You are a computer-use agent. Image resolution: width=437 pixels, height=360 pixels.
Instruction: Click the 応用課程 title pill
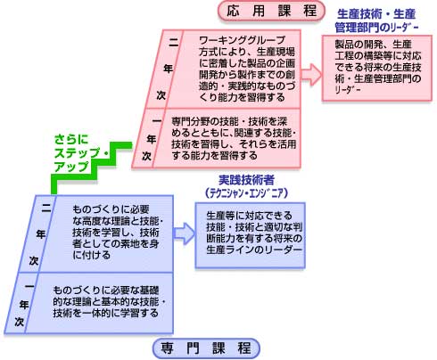click(x=271, y=12)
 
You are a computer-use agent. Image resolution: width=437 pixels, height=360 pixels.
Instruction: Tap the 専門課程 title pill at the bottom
click(x=206, y=348)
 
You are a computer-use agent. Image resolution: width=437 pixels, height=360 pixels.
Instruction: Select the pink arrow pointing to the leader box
click(x=311, y=74)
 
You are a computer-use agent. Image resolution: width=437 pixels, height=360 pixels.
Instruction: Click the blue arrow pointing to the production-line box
click(x=185, y=233)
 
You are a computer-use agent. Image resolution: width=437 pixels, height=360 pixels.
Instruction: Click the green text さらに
click(x=71, y=139)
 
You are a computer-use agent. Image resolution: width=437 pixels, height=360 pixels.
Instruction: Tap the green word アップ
click(x=71, y=167)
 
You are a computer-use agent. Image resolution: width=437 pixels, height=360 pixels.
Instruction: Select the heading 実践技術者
click(x=246, y=180)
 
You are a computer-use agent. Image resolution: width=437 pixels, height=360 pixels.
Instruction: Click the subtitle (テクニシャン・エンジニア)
click(x=246, y=193)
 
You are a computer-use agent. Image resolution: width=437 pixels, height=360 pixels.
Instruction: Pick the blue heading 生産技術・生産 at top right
click(x=376, y=13)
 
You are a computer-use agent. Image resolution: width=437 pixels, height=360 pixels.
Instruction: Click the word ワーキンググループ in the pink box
click(x=242, y=40)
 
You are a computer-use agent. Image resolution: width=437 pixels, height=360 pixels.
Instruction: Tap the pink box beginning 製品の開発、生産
click(x=377, y=68)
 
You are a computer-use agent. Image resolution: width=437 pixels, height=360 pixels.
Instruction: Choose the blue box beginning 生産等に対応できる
click(x=250, y=235)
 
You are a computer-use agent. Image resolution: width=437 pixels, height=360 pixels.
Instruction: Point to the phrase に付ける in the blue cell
click(x=91, y=255)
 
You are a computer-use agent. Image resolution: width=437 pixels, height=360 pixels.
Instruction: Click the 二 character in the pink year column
click(x=173, y=44)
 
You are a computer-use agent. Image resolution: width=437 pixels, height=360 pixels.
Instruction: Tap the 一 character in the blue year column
click(x=29, y=286)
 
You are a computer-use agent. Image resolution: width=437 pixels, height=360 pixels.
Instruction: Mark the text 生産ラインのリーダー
click(x=254, y=250)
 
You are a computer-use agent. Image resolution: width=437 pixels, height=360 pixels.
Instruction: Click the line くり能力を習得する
click(x=242, y=97)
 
